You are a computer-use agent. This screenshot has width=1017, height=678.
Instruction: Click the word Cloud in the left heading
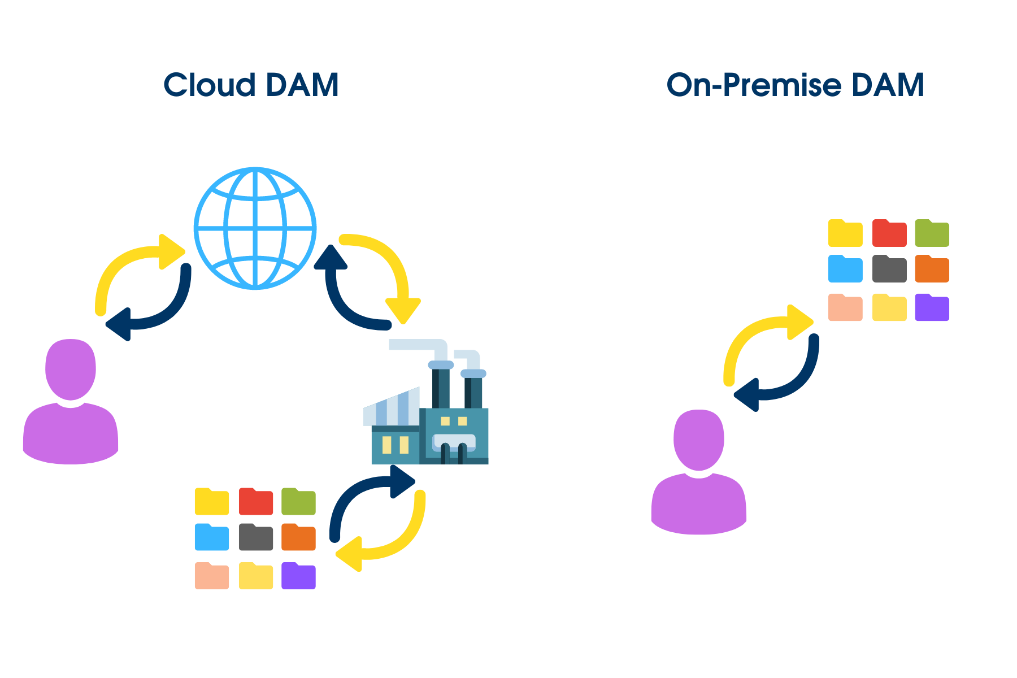209,86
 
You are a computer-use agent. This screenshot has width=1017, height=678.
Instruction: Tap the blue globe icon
255,228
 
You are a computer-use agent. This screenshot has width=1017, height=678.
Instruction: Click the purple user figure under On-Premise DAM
699,475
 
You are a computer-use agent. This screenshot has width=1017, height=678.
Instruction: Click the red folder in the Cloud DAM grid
256,502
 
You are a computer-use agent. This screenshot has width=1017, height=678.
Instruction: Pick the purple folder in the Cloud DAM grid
298,577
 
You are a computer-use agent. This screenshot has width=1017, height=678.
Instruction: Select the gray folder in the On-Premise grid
889,270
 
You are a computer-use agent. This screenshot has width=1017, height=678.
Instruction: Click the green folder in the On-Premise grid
932,234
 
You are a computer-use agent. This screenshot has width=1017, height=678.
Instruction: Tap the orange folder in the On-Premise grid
932,270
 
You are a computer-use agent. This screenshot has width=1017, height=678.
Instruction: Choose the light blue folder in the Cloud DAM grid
212,538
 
